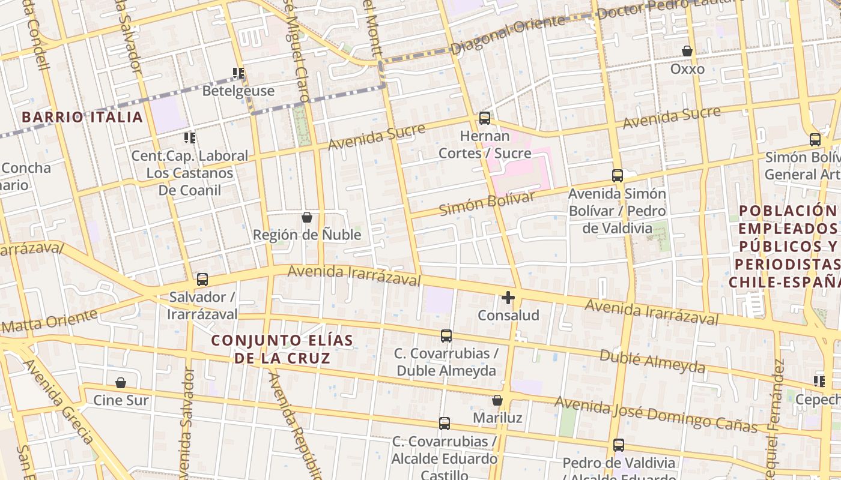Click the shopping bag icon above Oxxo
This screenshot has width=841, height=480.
point(687,52)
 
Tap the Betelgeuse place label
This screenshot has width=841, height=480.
point(238,91)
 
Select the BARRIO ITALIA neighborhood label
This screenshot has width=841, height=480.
point(82,117)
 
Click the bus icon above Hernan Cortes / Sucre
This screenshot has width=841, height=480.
point(485,118)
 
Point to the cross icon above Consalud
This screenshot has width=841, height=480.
point(508,297)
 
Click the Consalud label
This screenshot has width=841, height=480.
point(508,315)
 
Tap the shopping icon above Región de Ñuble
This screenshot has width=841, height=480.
point(307,217)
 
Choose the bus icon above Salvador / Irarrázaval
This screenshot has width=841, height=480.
point(202,279)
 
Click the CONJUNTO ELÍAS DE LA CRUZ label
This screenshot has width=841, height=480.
point(282,349)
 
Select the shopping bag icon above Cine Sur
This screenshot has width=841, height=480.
point(121,383)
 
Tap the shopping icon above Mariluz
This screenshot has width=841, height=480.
point(497,400)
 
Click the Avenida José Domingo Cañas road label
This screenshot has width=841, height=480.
point(656,414)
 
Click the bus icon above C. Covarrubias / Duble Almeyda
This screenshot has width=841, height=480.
point(446,336)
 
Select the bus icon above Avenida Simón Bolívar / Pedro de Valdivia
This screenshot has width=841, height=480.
point(618,176)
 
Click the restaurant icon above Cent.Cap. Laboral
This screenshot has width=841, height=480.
point(190,139)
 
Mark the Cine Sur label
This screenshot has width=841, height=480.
point(121,400)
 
